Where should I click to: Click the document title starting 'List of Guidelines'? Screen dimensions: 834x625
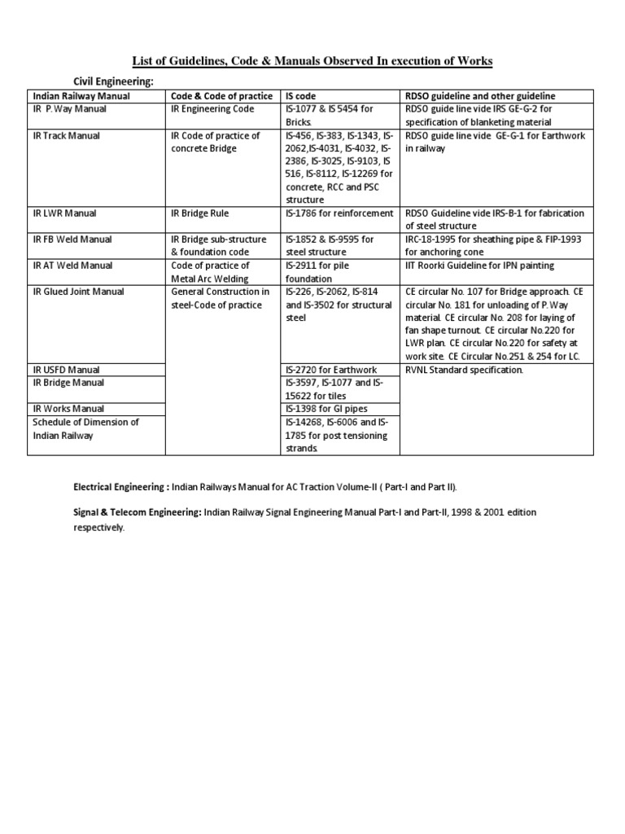(x=312, y=62)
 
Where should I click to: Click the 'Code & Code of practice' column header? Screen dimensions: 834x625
(x=221, y=96)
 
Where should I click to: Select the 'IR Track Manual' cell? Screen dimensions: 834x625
(x=67, y=135)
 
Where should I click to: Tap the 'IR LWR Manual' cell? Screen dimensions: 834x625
(x=64, y=213)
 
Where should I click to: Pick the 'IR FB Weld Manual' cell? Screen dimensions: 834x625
(x=72, y=239)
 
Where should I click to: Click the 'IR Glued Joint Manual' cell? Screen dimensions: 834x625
(x=80, y=292)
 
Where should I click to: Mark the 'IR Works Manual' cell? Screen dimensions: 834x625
(x=68, y=409)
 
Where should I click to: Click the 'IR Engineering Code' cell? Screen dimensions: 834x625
(x=212, y=109)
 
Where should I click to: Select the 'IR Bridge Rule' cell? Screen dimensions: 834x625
(x=199, y=213)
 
